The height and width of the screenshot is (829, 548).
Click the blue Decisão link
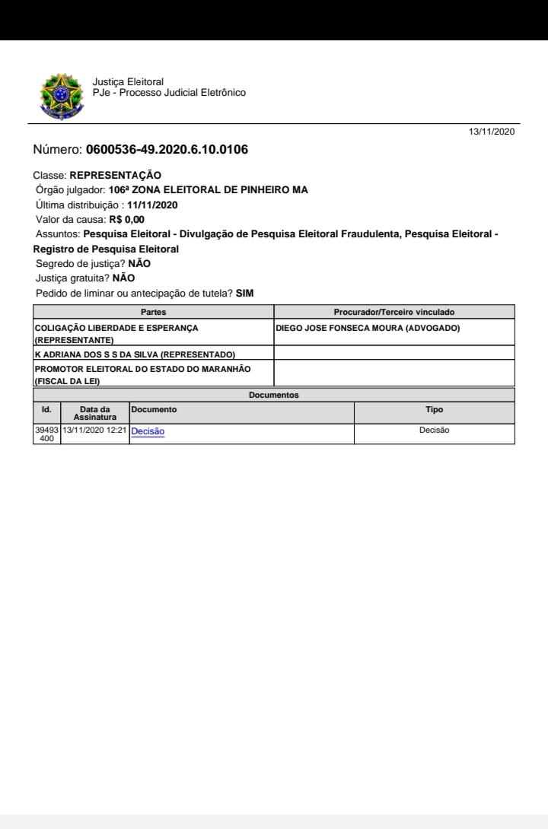pyautogui.click(x=148, y=431)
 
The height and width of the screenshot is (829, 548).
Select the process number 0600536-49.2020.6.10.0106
pyautogui.click(x=167, y=149)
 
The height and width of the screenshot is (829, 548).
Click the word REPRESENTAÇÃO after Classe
pyautogui.click(x=115, y=175)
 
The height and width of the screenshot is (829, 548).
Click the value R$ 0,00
pyautogui.click(x=126, y=220)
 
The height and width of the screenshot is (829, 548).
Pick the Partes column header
pyautogui.click(x=153, y=312)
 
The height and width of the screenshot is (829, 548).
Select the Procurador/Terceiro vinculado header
pyautogui.click(x=394, y=312)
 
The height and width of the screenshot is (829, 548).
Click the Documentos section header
pyautogui.click(x=274, y=395)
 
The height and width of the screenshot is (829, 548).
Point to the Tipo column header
pyautogui.click(x=435, y=410)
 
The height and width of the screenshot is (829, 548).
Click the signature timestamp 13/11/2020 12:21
pyautogui.click(x=95, y=430)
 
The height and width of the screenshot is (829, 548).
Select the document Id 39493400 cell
pyautogui.click(x=46, y=434)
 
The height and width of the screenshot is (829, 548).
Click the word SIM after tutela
pyautogui.click(x=244, y=294)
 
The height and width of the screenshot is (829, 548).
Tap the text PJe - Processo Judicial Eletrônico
pyautogui.click(x=168, y=93)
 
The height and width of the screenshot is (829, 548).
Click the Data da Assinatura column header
pyautogui.click(x=95, y=413)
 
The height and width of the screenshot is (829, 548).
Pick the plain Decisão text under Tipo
pyautogui.click(x=435, y=430)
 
